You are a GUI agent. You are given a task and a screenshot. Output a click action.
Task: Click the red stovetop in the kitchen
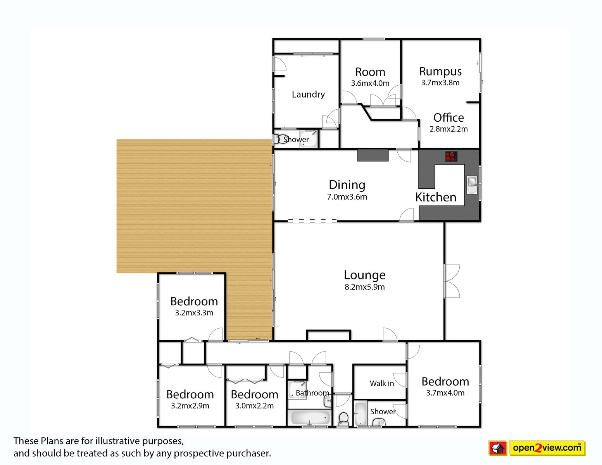coord(451,156)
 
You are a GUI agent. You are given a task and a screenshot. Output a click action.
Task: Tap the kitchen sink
coord(472,185)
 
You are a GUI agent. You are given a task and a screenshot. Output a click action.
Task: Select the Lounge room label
coord(365,275)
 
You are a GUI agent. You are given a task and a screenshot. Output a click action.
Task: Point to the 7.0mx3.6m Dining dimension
coord(347,196)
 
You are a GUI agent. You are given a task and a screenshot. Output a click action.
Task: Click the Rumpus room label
coord(440,71)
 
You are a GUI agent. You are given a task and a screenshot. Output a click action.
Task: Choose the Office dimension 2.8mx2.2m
coord(448,129)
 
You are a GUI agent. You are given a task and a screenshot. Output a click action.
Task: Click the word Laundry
coord(308,95)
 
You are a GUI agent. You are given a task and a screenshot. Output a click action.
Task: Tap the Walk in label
coord(382,383)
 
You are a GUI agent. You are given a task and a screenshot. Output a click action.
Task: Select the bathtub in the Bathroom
coord(309,417)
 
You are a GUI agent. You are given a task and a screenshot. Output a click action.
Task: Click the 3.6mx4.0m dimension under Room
coord(370,83)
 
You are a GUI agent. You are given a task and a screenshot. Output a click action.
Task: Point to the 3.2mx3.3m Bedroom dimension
coord(194,313)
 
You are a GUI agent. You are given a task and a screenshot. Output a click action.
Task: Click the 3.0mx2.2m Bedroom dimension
coord(254,406)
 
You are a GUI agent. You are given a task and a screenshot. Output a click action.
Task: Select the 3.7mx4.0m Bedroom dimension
coord(445,393)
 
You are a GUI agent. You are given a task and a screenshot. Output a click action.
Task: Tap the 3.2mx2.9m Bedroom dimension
coord(190,406)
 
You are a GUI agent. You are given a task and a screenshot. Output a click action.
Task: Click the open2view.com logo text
coord(547,448)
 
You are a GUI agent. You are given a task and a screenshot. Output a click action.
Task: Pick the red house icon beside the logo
coord(498,448)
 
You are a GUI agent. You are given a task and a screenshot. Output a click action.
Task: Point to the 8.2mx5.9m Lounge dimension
coord(365,287)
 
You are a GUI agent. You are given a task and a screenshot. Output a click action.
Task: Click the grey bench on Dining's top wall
coord(373,155)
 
